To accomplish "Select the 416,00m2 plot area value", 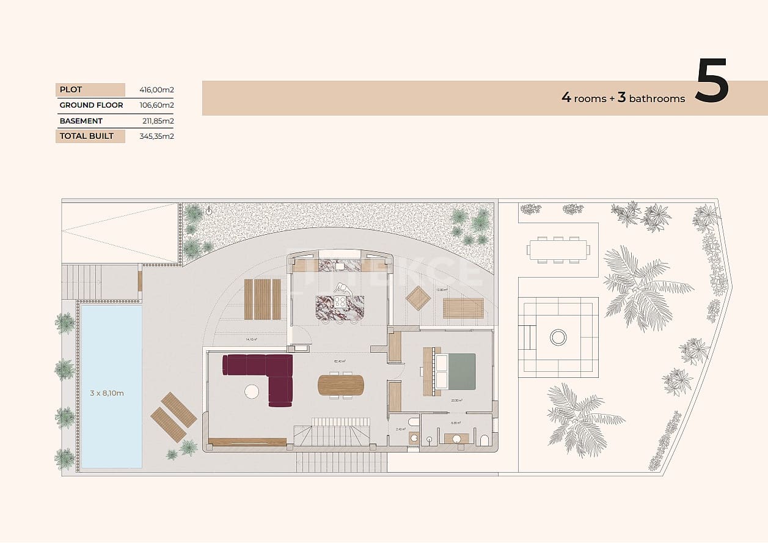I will point(158,90).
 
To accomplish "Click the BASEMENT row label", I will point(81,121).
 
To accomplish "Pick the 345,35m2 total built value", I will point(158,136).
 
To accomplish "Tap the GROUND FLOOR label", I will point(91,105).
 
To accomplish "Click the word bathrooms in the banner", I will point(657,98).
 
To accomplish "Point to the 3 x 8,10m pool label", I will point(107,393).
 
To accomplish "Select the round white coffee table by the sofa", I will point(252,391).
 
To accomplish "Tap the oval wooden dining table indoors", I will point(340,385).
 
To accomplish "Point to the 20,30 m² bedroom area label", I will point(456,401).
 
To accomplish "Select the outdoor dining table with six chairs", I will point(558,249).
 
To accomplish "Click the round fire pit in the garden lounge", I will point(558,337).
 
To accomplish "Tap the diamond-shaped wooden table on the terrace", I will point(419,298).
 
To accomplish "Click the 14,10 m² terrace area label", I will point(251,339).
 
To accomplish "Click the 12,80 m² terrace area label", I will point(442,290).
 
